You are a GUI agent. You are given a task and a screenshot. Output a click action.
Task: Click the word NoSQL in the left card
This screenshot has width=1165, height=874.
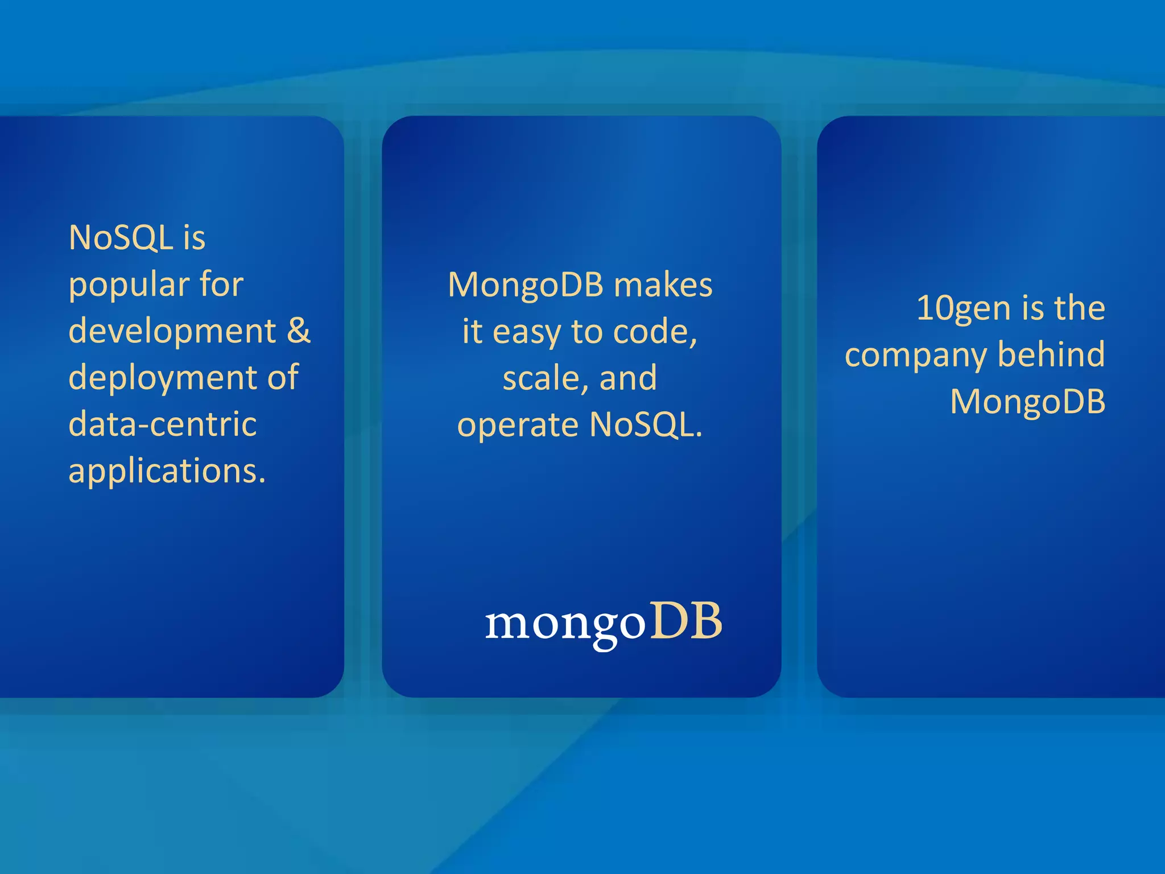coord(121,237)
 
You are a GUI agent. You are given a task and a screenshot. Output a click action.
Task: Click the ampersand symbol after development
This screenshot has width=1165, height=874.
coord(298,331)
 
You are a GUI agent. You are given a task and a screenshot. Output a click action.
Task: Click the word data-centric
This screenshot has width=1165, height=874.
coord(162,424)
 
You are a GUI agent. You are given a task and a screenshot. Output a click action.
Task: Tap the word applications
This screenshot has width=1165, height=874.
coord(166,471)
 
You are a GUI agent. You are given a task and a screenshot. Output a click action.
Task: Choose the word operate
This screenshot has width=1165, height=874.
coord(518,426)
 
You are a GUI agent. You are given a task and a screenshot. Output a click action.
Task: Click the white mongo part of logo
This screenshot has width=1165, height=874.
coord(565,624)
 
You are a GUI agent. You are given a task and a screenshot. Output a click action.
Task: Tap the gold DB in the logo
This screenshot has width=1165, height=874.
coord(686,621)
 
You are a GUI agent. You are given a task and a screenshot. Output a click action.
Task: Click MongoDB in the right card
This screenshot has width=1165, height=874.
coord(1027,402)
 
